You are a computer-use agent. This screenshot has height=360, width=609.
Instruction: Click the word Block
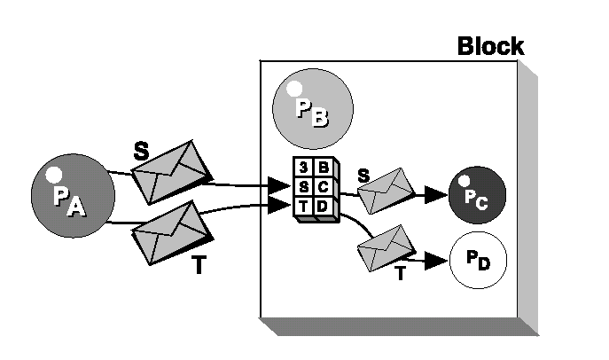(490, 46)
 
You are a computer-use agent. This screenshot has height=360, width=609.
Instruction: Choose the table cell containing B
(324, 167)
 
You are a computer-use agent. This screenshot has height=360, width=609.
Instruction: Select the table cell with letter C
(324, 186)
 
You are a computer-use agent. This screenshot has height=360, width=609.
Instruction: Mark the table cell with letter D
(324, 206)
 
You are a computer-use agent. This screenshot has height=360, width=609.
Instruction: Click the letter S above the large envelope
(140, 150)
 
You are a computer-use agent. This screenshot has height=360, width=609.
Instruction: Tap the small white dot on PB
(293, 88)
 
